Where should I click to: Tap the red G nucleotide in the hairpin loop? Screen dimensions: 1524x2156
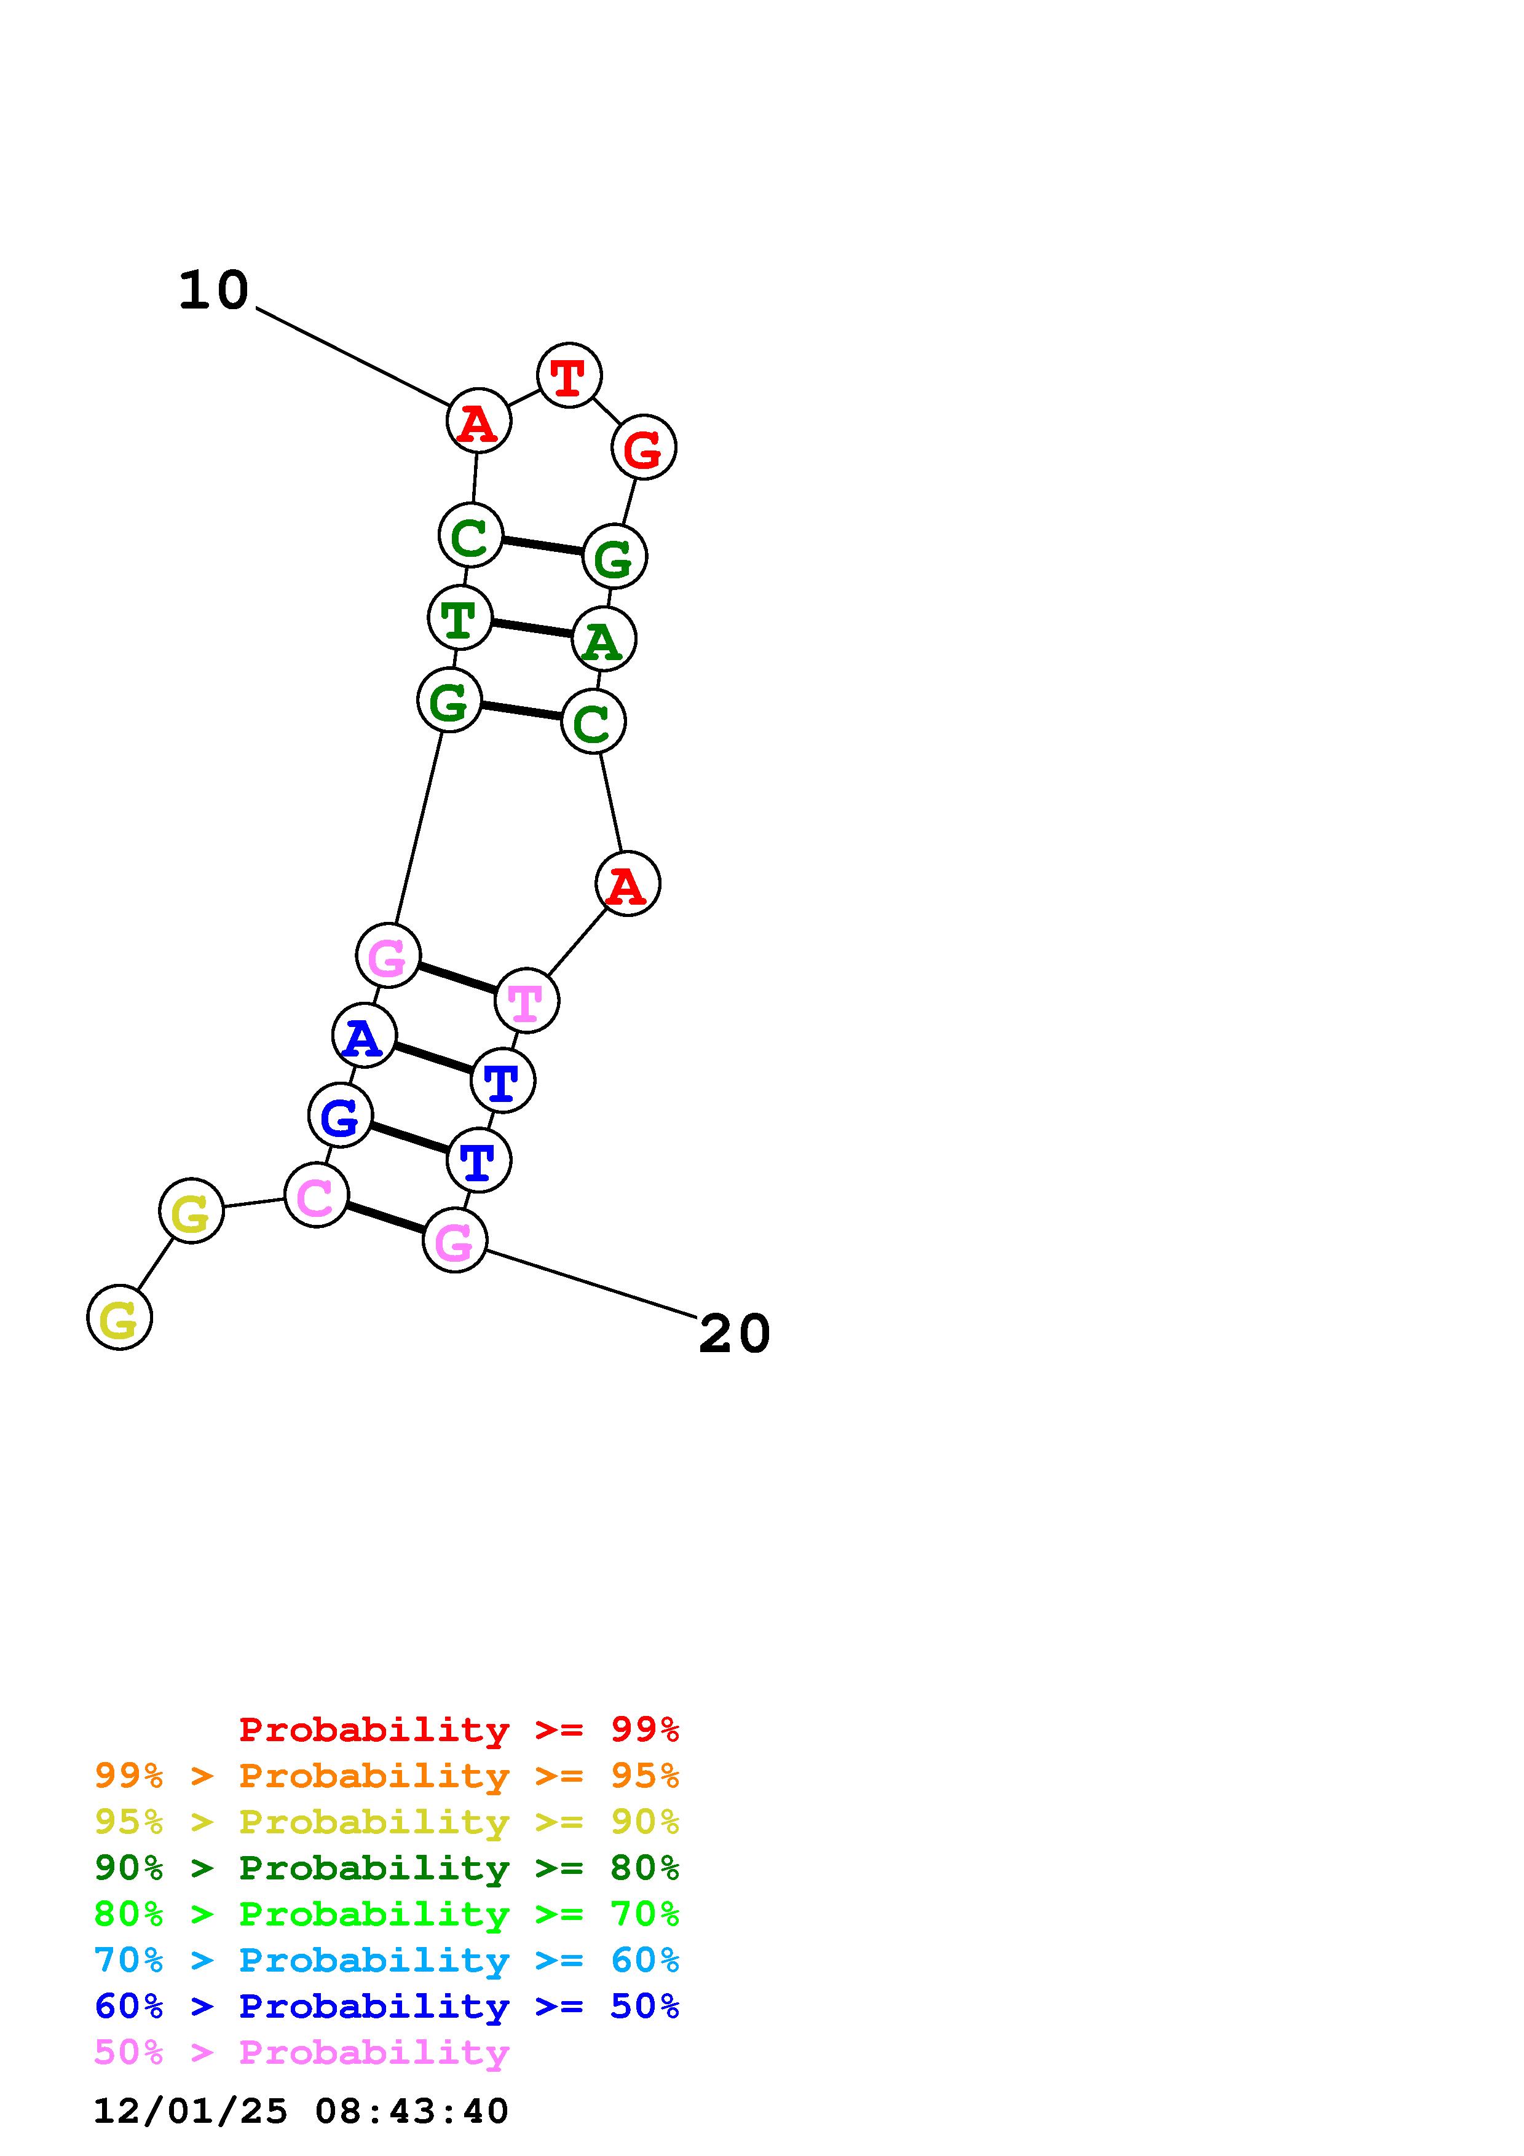[643, 448]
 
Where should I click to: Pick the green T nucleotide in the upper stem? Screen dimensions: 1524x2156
[459, 617]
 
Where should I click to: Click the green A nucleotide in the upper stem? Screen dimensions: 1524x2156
[604, 639]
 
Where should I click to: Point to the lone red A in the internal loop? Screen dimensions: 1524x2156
[627, 884]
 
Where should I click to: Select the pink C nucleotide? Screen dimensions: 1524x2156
[315, 1195]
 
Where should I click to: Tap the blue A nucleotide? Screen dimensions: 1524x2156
[363, 1035]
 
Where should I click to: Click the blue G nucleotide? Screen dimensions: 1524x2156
[340, 1115]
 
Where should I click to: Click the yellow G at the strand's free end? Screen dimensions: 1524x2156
[119, 1318]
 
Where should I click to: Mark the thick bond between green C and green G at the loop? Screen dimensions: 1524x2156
[543, 546]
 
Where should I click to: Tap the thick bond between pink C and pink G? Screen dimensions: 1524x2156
[385, 1218]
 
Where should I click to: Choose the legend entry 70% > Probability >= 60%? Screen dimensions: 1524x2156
[387, 1960]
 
